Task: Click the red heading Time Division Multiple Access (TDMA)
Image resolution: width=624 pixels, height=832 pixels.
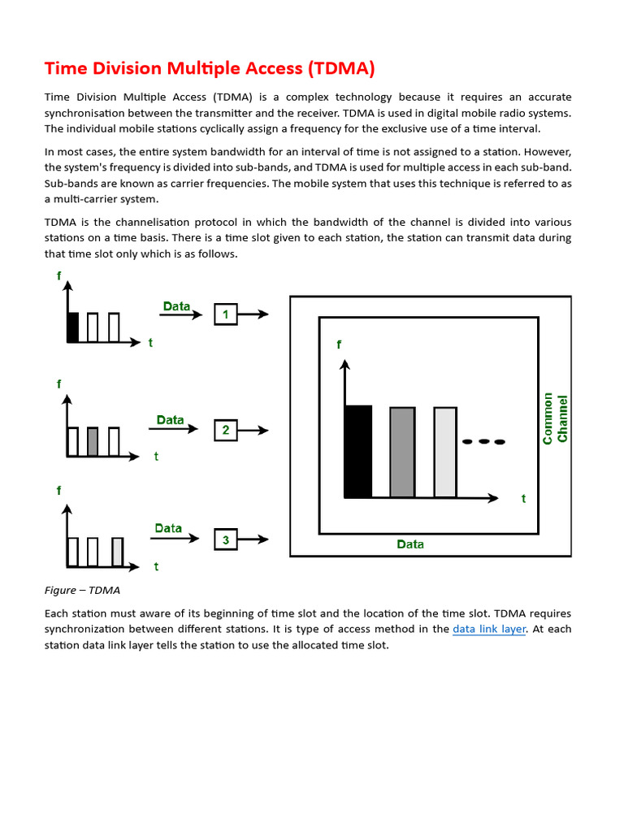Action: [x=209, y=68]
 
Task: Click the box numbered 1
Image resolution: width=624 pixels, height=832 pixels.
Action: [x=225, y=314]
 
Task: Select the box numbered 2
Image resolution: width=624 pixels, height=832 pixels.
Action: [x=225, y=430]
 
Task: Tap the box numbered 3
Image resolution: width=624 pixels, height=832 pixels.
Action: [x=225, y=539]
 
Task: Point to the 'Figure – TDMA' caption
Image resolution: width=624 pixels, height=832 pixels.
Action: [x=82, y=590]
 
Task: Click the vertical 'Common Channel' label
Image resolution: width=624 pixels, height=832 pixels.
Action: [x=555, y=418]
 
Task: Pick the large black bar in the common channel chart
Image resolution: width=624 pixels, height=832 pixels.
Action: [x=358, y=451]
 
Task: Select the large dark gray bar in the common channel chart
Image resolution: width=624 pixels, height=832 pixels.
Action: [x=402, y=452]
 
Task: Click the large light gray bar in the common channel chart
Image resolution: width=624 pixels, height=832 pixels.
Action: [x=445, y=452]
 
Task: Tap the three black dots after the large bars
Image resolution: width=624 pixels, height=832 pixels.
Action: [x=483, y=442]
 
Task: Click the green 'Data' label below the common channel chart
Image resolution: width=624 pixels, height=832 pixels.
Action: [x=410, y=544]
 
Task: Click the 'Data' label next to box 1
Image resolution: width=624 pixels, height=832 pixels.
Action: [x=176, y=306]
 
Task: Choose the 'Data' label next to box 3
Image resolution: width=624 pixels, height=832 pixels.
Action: [x=168, y=528]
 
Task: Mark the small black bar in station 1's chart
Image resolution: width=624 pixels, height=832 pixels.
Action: [x=72, y=327]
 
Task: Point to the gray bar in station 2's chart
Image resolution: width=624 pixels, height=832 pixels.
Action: [x=93, y=440]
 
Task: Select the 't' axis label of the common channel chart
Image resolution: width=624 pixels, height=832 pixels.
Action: [x=524, y=498]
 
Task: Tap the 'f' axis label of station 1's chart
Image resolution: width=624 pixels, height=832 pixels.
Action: [x=58, y=275]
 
